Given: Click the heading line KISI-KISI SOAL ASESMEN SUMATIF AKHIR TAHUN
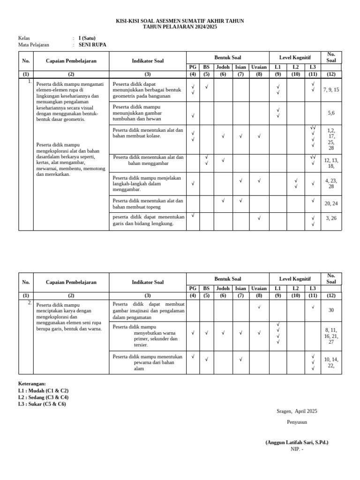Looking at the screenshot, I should (x=180, y=21).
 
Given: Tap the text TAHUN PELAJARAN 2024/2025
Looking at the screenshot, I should (x=180, y=27).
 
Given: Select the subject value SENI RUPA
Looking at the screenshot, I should (x=92, y=45).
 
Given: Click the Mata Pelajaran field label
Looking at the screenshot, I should (x=33, y=45).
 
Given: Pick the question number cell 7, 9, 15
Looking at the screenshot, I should (x=331, y=90).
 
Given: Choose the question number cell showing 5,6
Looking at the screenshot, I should (x=331, y=113).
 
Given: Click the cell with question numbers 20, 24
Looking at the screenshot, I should (x=331, y=203).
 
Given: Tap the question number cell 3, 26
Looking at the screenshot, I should (x=331, y=218).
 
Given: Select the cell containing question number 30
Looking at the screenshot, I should (x=331, y=310).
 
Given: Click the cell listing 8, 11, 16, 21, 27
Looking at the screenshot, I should (x=331, y=336).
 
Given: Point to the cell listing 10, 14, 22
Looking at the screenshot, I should (x=331, y=362).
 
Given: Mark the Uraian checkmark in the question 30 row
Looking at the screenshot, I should (x=259, y=307).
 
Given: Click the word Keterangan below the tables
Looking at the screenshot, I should (x=32, y=383).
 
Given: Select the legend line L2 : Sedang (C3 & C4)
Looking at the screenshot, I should (x=43, y=397).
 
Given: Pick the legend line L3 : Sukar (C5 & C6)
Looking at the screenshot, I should (x=42, y=404).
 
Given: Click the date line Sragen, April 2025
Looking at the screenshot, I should (x=297, y=411).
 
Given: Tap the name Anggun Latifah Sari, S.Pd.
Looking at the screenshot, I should (x=297, y=442).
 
